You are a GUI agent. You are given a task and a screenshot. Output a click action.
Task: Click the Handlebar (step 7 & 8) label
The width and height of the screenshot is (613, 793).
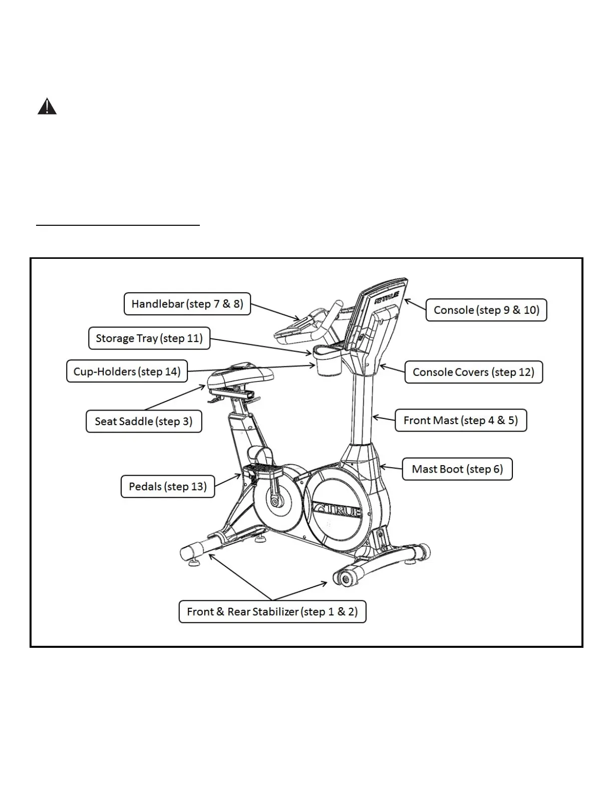pos(187,304)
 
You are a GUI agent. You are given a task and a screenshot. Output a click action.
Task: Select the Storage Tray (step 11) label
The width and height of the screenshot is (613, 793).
pos(149,338)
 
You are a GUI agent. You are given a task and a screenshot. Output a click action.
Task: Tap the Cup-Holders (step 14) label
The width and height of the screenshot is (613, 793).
pos(127,371)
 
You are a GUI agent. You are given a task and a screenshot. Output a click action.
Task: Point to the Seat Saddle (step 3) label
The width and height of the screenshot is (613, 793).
pos(143,421)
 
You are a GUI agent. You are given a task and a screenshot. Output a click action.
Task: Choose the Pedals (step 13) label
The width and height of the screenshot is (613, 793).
pos(167,486)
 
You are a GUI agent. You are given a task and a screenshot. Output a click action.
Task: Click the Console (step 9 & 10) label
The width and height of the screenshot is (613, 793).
pos(486,310)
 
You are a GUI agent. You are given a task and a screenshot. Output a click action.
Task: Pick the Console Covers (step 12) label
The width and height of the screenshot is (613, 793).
pos(473,372)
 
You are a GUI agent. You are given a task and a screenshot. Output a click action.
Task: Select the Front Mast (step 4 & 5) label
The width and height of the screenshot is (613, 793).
pos(460,420)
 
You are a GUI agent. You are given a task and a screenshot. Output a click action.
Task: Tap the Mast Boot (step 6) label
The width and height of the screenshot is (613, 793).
pos(457,469)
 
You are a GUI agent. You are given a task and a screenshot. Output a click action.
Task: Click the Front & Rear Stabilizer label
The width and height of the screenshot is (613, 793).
pos(272,611)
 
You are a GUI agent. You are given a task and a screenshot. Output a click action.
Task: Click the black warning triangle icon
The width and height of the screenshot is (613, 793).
pos(47,107)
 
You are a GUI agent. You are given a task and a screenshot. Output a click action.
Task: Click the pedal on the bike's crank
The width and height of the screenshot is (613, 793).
pos(263,471)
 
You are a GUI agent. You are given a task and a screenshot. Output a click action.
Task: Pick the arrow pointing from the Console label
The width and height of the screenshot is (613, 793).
pos(415,304)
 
